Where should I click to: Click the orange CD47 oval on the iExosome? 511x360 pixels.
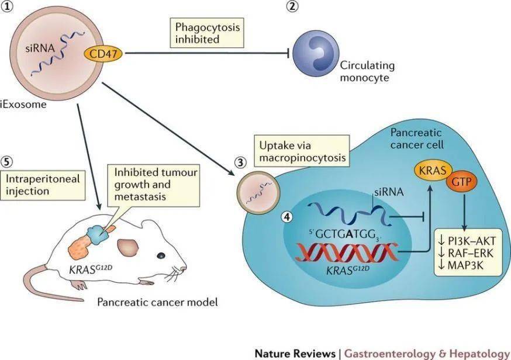pos(103,53)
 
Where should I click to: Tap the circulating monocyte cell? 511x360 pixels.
pos(316,53)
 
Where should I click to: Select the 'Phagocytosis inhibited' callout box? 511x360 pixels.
pos(207,33)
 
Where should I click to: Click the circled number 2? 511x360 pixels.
pos(292,5)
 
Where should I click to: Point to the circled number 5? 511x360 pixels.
pos(7,162)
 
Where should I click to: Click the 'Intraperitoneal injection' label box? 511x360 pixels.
pos(43,185)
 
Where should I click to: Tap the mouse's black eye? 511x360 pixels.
pos(161,255)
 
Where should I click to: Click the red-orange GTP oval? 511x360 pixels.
pos(462,181)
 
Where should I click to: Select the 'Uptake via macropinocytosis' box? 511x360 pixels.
pos(302,152)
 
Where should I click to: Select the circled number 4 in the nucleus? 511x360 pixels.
pos(287,217)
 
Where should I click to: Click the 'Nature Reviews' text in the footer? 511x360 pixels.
pos(295,353)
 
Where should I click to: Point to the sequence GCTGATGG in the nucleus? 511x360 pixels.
pos(345,234)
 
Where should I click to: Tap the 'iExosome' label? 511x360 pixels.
pos(23,105)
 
